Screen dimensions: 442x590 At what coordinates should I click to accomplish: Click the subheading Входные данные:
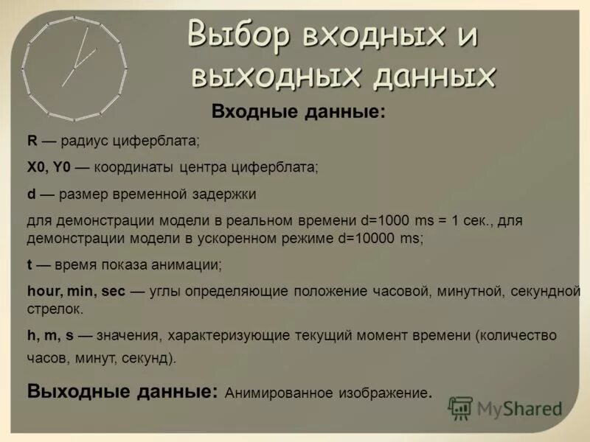[298, 112]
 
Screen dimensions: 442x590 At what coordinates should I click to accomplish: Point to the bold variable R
[32, 141]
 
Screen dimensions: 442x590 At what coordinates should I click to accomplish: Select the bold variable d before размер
[31, 194]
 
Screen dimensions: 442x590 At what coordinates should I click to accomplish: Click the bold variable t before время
[29, 264]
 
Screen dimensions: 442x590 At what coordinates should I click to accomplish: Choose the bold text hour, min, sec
[76, 292]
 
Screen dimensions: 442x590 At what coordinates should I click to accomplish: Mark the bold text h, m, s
[49, 335]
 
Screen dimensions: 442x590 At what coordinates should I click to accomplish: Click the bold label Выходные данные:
[122, 390]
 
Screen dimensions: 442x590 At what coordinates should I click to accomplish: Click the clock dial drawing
[74, 69]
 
